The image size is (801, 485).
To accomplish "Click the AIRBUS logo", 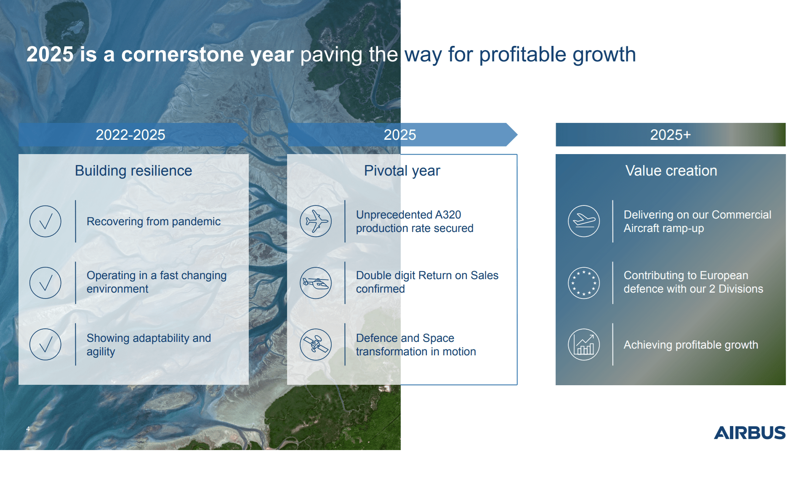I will [749, 433].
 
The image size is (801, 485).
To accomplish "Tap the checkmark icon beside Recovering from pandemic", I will [45, 221].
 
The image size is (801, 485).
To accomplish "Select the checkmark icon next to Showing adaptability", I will [45, 344].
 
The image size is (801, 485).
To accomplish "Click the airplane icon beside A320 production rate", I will [316, 221].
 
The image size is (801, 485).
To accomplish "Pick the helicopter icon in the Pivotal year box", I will [316, 283].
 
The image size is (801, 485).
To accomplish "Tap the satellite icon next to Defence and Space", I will [316, 344].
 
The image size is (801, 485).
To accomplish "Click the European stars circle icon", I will [584, 283].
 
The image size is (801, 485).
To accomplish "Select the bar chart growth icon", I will [584, 344].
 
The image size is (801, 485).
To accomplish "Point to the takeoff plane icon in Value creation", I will [584, 221].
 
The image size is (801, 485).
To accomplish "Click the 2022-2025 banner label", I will [130, 135].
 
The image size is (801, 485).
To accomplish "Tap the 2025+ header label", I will [671, 135].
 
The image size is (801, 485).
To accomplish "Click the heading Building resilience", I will [133, 171].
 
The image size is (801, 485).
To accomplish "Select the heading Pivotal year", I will [402, 171].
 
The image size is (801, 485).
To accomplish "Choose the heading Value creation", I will [671, 171].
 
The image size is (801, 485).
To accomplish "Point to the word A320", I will [448, 215].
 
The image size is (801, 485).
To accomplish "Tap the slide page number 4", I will [28, 429].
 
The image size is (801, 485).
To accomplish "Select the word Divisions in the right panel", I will [740, 289].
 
